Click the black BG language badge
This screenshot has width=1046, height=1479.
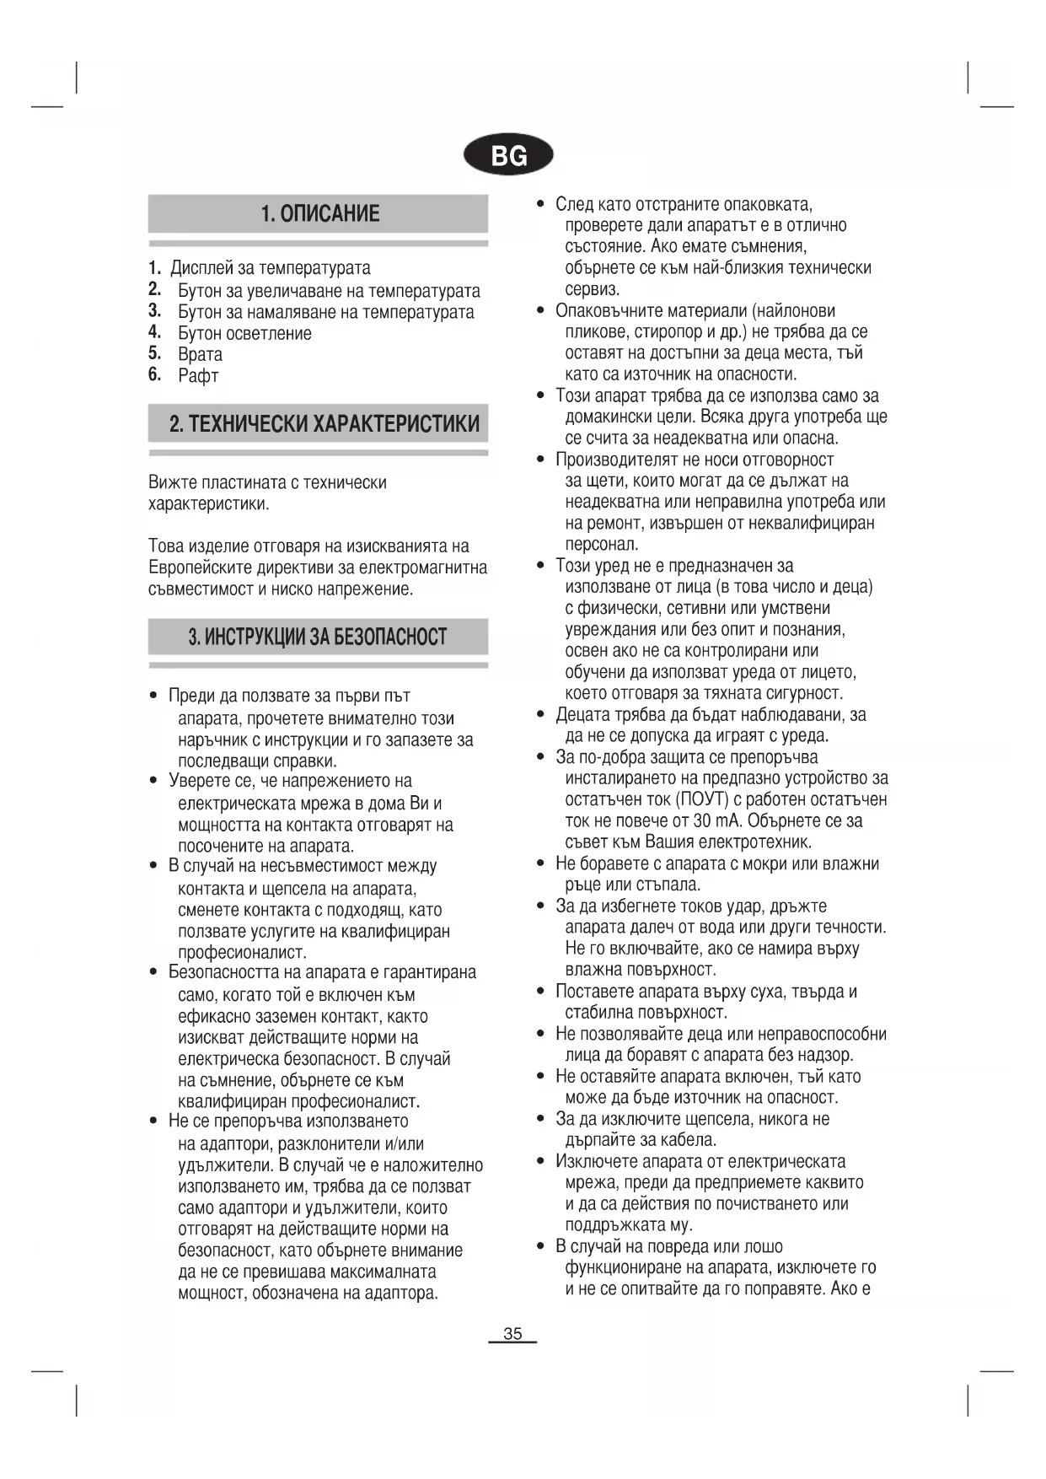click(x=508, y=155)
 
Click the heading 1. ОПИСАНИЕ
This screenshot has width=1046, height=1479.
click(x=319, y=213)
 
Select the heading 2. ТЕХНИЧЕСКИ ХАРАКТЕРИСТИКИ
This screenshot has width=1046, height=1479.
click(x=325, y=423)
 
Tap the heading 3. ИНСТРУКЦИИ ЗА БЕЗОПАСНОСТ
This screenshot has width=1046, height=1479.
click(x=318, y=637)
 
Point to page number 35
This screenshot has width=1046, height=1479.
click(x=512, y=1333)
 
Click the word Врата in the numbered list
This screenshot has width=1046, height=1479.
click(x=200, y=354)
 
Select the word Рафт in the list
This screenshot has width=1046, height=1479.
click(x=198, y=376)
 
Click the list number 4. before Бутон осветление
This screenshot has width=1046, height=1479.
click(x=154, y=332)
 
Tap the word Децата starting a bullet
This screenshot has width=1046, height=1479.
click(x=583, y=715)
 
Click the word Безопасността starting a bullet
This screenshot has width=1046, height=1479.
click(x=223, y=972)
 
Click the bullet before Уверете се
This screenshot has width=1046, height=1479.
click(x=153, y=781)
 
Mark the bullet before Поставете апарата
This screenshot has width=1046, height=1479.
click(x=540, y=992)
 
